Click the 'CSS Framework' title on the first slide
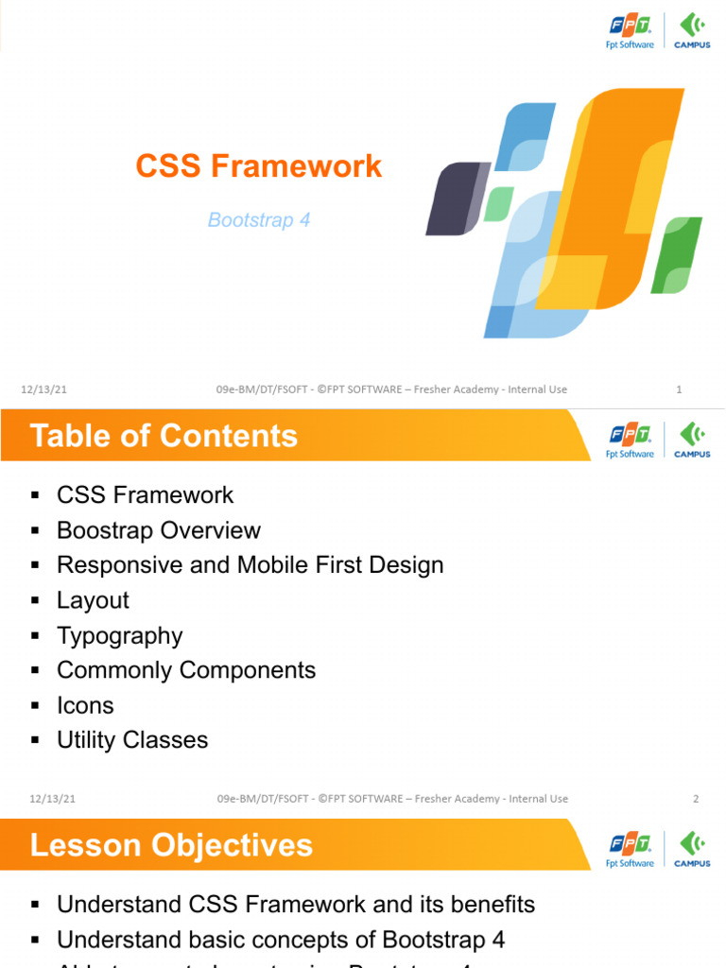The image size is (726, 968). tap(258, 166)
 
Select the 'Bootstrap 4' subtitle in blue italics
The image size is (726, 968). tap(259, 220)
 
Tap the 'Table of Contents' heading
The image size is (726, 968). tap(164, 436)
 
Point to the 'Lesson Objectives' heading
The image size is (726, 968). tap(171, 845)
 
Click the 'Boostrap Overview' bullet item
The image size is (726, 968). tap(159, 530)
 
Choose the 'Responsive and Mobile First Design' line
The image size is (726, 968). tap(250, 565)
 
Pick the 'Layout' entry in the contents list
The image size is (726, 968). tap(93, 600)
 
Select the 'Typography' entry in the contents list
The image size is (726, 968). tap(119, 635)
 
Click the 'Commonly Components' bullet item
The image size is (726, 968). tap(186, 670)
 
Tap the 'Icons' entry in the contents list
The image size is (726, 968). tap(85, 705)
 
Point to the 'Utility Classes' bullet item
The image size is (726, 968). tap(132, 740)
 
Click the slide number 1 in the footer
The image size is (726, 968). tap(680, 389)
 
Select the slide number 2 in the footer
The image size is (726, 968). tap(696, 799)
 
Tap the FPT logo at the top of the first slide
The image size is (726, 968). tap(631, 30)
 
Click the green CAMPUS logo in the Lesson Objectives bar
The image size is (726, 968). tap(692, 849)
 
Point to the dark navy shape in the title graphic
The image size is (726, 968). tap(456, 199)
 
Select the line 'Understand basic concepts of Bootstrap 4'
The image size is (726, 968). tap(281, 940)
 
